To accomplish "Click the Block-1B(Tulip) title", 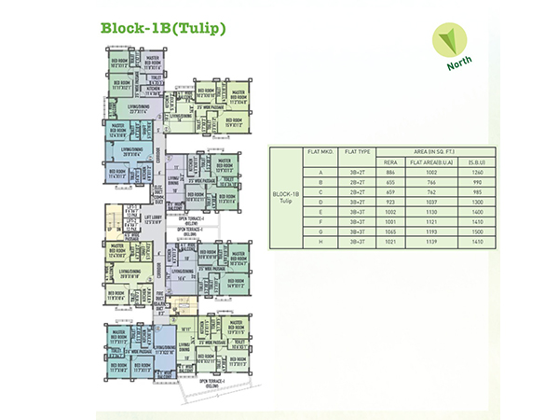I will (163, 28).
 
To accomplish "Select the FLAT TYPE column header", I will (359, 150).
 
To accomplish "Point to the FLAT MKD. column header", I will (319, 150).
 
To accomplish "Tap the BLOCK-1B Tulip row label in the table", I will (286, 197).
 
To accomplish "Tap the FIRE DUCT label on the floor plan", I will (160, 294).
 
